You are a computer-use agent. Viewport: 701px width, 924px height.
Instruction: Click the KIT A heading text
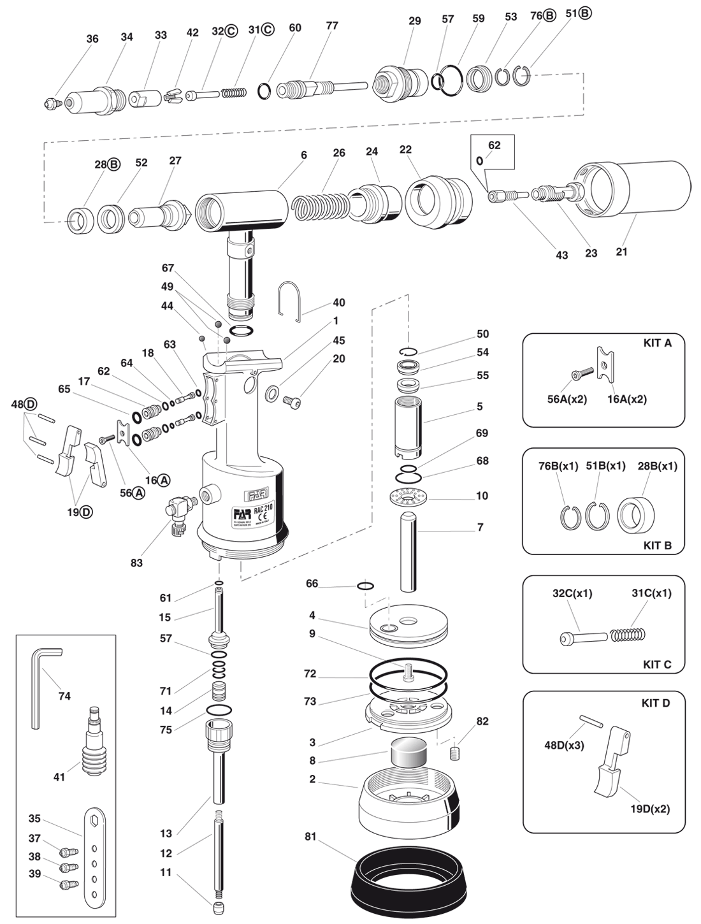657,343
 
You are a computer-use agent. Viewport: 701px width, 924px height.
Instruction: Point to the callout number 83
136,563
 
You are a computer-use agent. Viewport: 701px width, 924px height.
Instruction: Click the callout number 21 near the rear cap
621,252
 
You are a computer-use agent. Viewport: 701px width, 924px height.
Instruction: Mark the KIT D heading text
656,703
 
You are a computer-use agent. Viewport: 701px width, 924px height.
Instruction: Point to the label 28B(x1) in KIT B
657,466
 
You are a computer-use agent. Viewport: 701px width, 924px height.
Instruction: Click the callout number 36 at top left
92,39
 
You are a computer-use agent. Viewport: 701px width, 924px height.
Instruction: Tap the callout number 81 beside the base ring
310,837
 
